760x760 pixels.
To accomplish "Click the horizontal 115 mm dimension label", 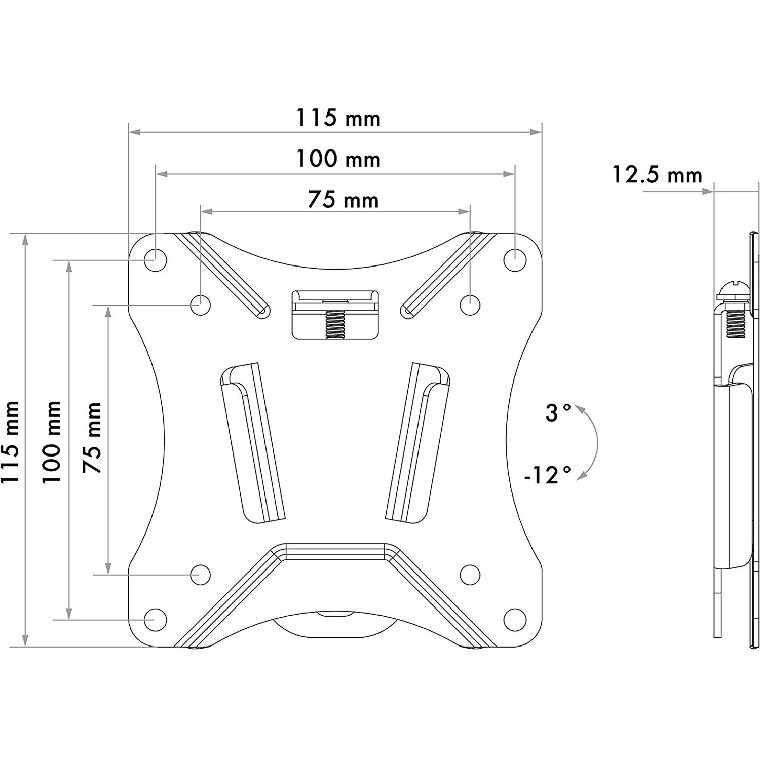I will point(338,118).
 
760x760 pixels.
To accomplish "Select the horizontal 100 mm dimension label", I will point(338,159).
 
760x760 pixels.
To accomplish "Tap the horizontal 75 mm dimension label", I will point(343,200).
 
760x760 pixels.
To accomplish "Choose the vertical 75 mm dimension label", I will point(92,438).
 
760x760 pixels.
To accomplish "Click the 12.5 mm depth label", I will point(657,175).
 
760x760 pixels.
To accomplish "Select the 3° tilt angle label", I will point(558,413).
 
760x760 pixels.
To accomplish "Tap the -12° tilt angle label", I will point(547,475).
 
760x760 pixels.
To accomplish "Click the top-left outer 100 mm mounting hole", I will point(155,260).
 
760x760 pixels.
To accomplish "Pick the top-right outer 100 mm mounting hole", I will point(515,260).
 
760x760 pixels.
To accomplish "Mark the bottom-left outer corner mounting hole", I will point(155,619).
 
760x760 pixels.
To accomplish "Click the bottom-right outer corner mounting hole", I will point(515,619).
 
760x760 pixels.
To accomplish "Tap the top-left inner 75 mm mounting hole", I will point(201,305).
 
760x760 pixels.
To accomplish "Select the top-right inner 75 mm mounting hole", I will point(470,305).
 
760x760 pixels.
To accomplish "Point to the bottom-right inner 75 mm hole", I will point(470,574).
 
